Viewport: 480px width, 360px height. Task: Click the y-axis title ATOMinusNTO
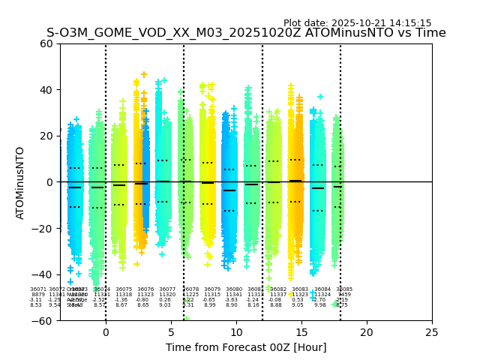pos(20,182)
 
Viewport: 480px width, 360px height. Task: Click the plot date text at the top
pos(357,23)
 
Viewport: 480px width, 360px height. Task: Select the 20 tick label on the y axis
pos(46,136)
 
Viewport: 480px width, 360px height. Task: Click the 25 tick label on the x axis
pos(432,332)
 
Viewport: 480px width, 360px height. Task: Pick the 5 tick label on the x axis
pos(171,332)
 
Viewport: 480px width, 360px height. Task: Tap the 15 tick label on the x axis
pos(301,332)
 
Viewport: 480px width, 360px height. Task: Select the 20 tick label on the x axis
pos(367,332)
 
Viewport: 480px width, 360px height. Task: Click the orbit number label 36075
pos(124,289)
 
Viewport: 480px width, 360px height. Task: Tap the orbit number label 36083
pos(300,289)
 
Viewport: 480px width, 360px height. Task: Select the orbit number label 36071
pos(37,289)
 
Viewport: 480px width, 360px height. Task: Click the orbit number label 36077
pos(167,289)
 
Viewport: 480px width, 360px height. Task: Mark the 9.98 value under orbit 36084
pos(320,305)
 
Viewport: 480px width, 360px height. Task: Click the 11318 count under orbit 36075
pos(124,295)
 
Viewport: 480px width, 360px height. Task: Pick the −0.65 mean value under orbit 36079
pos(209,300)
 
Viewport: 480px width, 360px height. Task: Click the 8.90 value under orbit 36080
pos(232,305)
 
